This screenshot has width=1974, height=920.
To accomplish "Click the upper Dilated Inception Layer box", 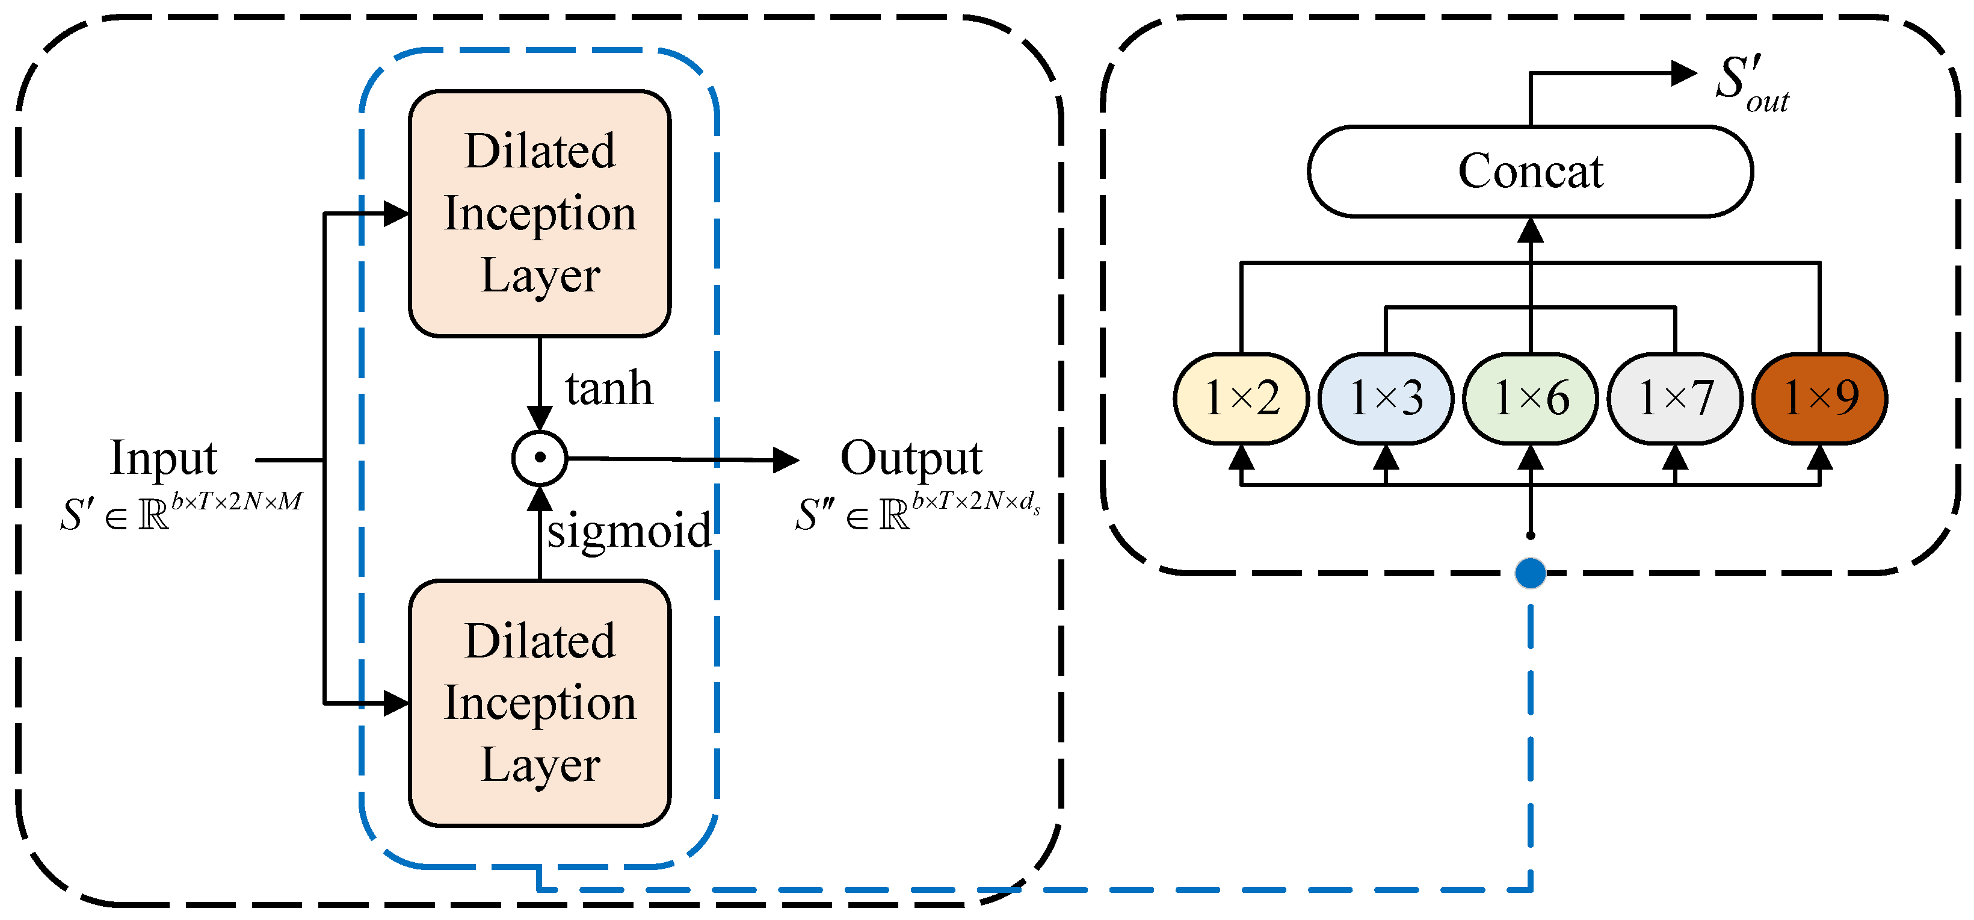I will click(540, 213).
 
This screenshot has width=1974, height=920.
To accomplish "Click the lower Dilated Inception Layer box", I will click(540, 703).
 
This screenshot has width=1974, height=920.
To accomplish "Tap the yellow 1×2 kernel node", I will click(1241, 399).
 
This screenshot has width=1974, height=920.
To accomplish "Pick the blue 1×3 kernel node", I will click(1386, 399).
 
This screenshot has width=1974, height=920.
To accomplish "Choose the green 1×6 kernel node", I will click(1531, 399).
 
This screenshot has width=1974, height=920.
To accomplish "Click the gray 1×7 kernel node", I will click(1675, 399).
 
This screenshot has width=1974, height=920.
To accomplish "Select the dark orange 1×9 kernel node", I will click(1820, 399).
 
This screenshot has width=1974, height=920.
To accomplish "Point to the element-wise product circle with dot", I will click(540, 458).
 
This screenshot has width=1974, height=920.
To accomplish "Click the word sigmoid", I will click(628, 530).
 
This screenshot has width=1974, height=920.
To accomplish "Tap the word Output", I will click(911, 458).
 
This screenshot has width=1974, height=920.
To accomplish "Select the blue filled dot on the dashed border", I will click(1531, 573).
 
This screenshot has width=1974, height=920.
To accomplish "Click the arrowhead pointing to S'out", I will click(1685, 73).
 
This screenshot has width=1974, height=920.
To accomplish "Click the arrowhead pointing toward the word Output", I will click(786, 460).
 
